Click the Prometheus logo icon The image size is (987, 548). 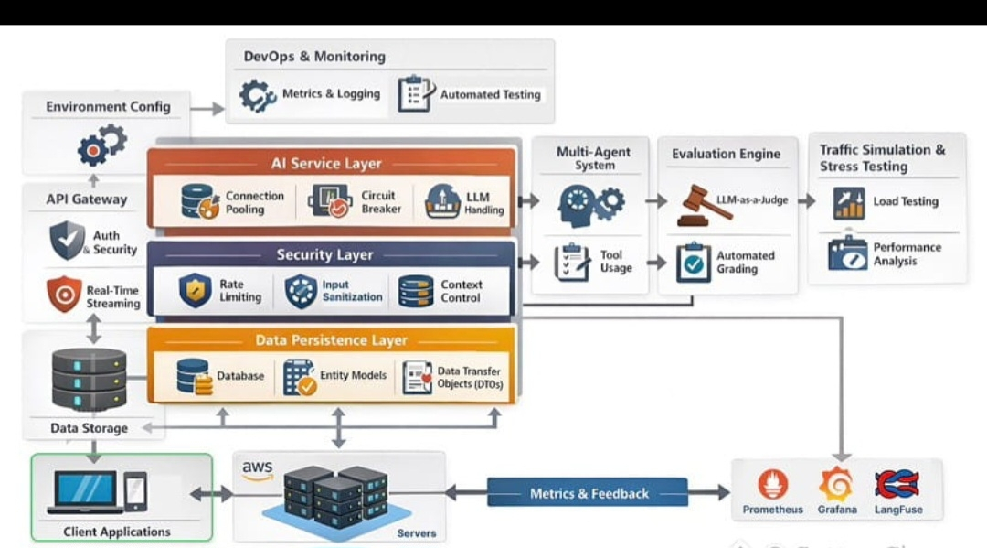pos(773,484)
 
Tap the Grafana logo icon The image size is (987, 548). pos(835,484)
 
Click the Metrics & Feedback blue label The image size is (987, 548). pos(589,493)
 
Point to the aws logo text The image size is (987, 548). pos(258,469)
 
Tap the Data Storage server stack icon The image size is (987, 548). pos(89,379)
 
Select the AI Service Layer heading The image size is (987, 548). pos(326,164)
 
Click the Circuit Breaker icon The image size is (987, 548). pos(330,201)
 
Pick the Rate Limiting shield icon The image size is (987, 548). pos(195,291)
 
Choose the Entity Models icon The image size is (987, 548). pos(299,376)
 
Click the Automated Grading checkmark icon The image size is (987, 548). pos(694,263)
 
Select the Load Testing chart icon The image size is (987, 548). pos(848,202)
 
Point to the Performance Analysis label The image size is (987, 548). pos(907,253)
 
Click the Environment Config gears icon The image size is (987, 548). pos(101,145)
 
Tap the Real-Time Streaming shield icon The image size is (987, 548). pos(64,295)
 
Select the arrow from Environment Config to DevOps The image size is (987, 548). pos(208,109)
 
